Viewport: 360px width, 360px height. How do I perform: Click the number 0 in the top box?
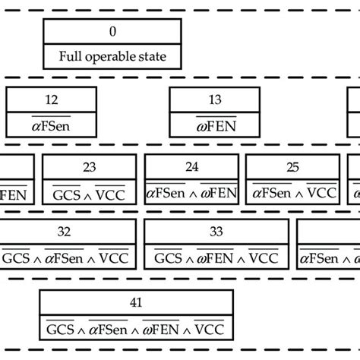pos(112,31)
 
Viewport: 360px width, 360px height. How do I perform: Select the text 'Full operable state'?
pos(112,55)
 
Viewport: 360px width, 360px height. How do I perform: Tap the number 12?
pos(52,99)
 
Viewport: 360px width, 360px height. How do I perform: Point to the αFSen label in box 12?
pos(52,124)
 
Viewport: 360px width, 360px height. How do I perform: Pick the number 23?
pos(89,167)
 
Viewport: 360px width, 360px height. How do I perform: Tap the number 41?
pos(136,303)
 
